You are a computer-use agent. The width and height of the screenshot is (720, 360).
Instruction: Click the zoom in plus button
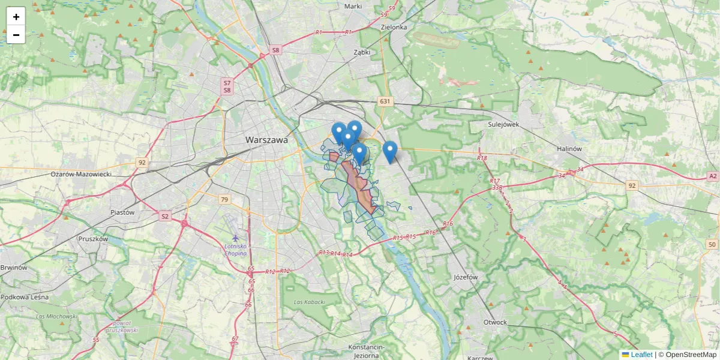pos(16,17)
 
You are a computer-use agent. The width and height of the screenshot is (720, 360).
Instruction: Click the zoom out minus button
pos(16,35)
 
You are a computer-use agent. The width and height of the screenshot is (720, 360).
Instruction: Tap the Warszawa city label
pos(266,140)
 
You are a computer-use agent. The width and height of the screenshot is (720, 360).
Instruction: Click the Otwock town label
pos(495,322)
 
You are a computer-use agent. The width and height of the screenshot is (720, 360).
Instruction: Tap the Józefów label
pos(466,277)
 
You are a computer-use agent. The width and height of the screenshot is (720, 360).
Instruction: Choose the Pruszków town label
pos(93,238)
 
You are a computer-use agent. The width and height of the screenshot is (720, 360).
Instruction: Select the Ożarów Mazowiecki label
pos(81,174)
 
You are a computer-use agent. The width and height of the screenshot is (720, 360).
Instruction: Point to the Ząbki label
pos(362,52)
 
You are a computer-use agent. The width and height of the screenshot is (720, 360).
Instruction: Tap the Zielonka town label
pos(394,27)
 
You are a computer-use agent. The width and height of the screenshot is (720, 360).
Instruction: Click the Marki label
pos(353,6)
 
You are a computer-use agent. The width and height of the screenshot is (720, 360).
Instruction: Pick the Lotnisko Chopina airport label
pos(235,250)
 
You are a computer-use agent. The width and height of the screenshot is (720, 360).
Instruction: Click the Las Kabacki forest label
pos(309,302)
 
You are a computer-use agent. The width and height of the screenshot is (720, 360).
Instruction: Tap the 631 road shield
pos(385,102)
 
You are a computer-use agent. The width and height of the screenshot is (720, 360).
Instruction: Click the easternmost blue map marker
pos(390,152)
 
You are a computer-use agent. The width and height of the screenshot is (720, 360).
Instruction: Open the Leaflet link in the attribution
pos(641,355)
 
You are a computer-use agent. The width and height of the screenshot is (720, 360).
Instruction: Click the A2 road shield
pos(712,176)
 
